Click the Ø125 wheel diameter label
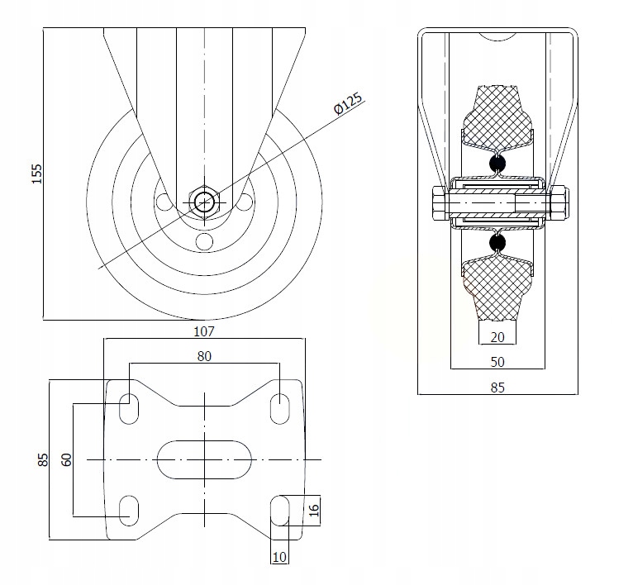pyautogui.click(x=348, y=104)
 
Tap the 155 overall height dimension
pyautogui.click(x=36, y=174)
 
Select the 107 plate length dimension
pyautogui.click(x=204, y=331)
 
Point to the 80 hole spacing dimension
pyautogui.click(x=204, y=356)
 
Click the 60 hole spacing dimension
pyautogui.click(x=67, y=459)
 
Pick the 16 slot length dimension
pyautogui.click(x=314, y=510)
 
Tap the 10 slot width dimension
pyautogui.click(x=279, y=557)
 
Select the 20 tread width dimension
pyautogui.click(x=497, y=337)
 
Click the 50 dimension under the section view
pyautogui.click(x=497, y=362)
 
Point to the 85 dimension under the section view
pyautogui.click(x=497, y=388)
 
